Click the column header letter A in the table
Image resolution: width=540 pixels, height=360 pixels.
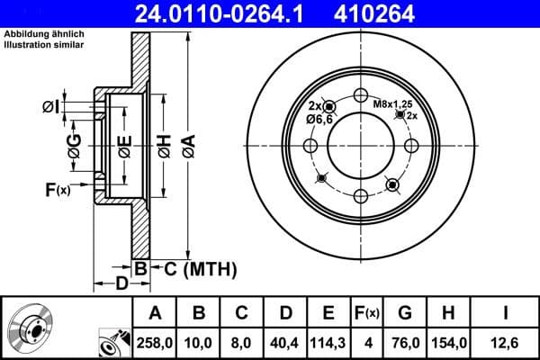point(154,313)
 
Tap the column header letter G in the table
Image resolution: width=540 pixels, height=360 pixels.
point(405,313)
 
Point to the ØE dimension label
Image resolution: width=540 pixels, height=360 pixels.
point(124,144)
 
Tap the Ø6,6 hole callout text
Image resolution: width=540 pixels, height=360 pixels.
point(319,119)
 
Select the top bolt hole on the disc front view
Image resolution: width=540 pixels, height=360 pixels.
point(361,97)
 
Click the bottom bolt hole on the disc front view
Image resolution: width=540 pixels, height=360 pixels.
point(361,194)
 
